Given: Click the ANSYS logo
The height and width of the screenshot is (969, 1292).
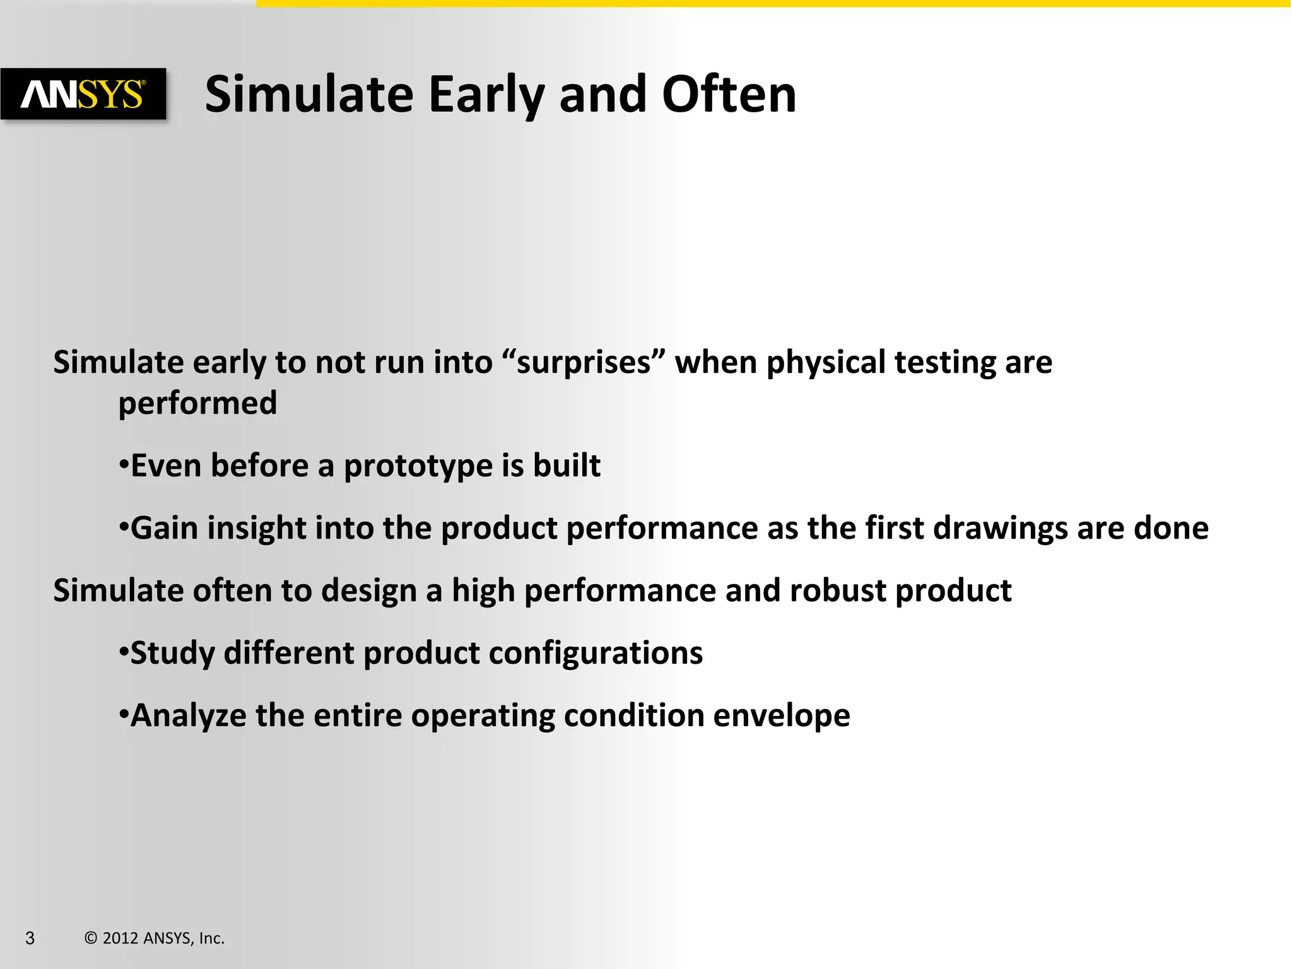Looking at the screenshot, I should [83, 95].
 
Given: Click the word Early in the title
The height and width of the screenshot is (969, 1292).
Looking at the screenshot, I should [486, 95].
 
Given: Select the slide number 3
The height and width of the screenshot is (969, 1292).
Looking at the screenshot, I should [30, 938].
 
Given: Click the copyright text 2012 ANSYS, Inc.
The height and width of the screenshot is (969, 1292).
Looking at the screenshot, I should [155, 938].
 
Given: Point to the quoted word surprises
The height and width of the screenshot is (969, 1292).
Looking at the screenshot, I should [584, 363].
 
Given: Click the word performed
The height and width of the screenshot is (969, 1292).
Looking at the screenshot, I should [197, 404].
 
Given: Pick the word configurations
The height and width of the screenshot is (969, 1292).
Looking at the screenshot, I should [596, 653].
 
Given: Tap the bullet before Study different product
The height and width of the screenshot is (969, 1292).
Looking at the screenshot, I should [124, 652].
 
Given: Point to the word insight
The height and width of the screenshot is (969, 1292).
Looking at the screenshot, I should [256, 528].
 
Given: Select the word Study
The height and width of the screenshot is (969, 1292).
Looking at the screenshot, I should [172, 653].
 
